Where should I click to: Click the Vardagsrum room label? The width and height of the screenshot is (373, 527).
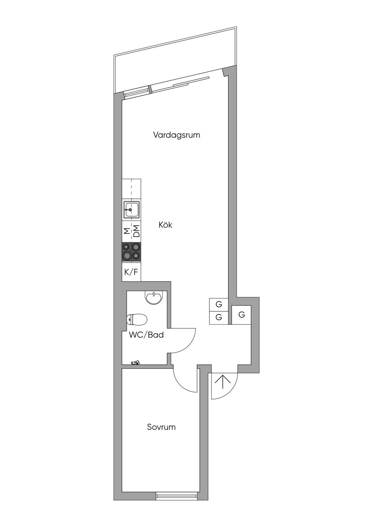(x=177, y=135)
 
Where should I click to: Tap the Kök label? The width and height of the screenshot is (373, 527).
(x=165, y=225)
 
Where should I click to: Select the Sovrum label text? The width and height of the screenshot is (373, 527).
(x=161, y=427)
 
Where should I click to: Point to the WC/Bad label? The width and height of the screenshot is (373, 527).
(x=146, y=335)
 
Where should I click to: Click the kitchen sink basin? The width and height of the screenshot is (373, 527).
(x=131, y=210)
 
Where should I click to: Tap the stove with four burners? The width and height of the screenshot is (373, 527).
(x=131, y=252)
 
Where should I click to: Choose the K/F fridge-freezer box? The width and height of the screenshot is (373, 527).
(x=131, y=272)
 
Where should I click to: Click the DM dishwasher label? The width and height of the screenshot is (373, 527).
(x=136, y=231)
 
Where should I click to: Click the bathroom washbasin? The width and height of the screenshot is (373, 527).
(x=154, y=298)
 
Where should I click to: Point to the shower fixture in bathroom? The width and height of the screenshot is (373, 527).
(x=136, y=362)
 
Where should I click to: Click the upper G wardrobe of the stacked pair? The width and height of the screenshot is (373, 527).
(x=219, y=304)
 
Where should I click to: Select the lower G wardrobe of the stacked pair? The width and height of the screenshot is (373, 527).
(x=219, y=317)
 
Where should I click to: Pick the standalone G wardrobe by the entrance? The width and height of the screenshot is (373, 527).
(x=242, y=315)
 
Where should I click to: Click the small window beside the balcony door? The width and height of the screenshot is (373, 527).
(x=137, y=92)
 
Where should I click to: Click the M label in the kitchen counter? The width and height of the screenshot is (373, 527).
(x=126, y=231)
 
